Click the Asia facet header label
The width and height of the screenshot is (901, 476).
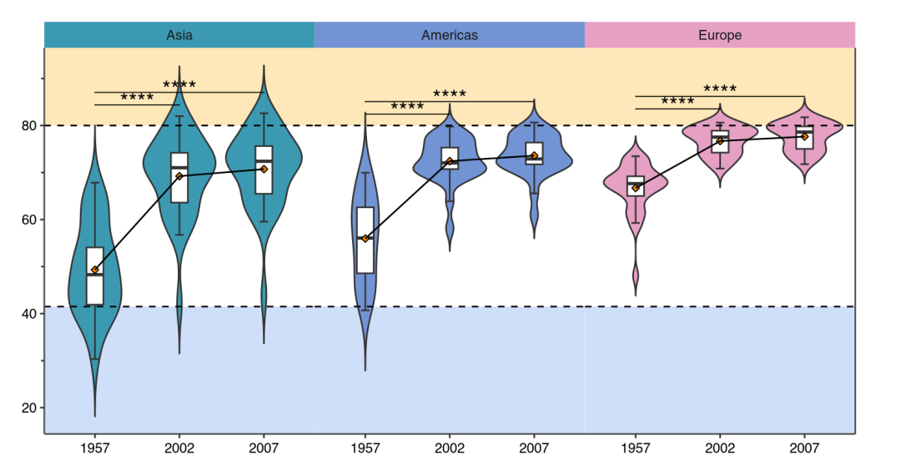pos(179,35)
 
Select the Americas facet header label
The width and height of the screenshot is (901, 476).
pos(450,35)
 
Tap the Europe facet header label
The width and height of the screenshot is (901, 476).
pos(720,35)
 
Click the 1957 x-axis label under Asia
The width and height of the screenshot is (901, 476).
pos(95,448)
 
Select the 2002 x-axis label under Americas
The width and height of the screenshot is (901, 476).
pos(450,448)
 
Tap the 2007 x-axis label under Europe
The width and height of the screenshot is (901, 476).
pos(804,448)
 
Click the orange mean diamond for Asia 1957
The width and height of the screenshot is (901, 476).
pos(95,270)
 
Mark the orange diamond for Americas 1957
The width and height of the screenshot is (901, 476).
pos(365,238)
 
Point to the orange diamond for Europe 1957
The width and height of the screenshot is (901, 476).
pos(636,188)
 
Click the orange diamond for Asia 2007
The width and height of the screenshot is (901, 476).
pos(264,169)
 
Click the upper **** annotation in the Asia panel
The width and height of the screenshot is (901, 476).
pos(179,84)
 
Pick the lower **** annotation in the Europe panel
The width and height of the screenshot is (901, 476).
pos(677,102)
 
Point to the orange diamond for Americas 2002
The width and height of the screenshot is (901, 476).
pos(450,161)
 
